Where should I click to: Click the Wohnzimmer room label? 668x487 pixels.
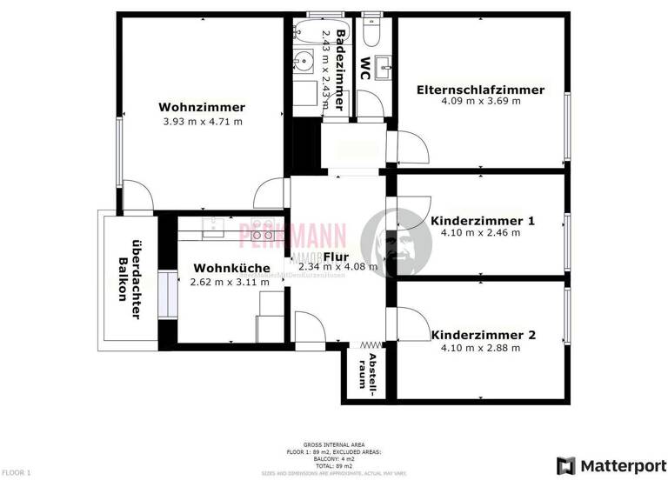tap(202, 108)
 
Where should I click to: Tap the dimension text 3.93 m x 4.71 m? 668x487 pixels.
tap(202, 122)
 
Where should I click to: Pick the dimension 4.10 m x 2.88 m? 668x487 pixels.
tap(480, 348)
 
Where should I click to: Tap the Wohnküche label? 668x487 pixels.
tap(231, 268)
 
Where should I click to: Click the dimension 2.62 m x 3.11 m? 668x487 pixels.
tap(230, 281)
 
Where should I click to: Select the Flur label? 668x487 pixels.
tap(336, 257)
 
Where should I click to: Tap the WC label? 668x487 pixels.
tap(365, 68)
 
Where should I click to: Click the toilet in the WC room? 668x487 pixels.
tap(372, 32)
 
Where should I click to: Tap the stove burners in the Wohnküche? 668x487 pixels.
tap(263, 235)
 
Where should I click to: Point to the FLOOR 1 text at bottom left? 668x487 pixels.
tap(17, 472)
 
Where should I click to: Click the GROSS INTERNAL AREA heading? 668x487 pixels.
tap(333, 444)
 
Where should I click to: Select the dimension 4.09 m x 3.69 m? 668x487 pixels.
tap(480, 102)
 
